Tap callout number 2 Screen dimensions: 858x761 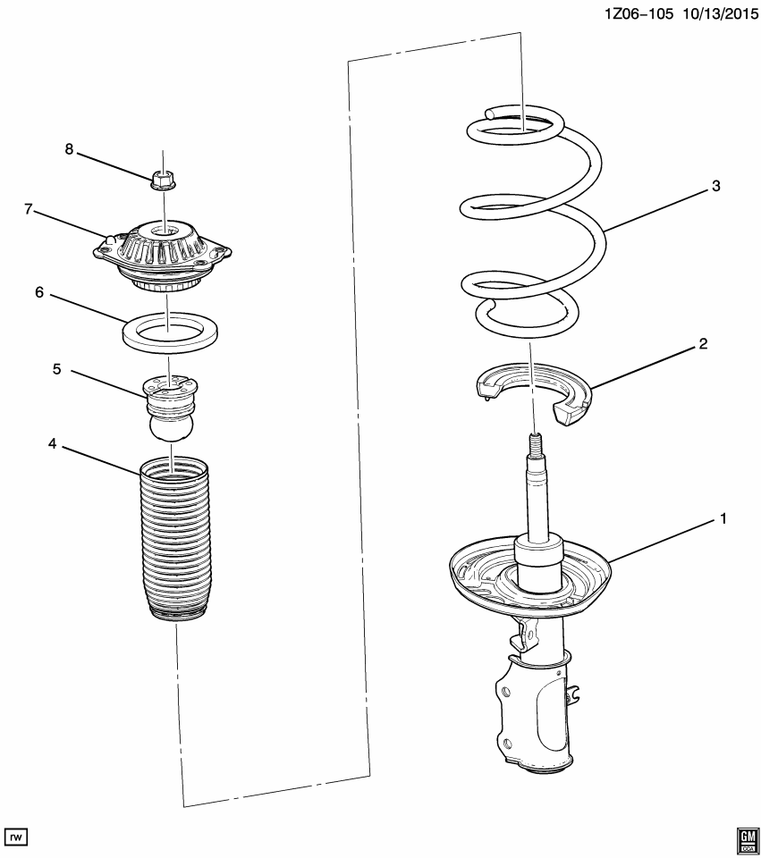pos(703,343)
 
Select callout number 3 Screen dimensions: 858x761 pos(715,186)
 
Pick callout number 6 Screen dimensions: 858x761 pos(39,292)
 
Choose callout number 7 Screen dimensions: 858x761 pos(29,209)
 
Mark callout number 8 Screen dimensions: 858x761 pos(68,149)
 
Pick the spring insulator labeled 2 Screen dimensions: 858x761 pos(528,389)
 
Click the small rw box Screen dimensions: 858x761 pos(16,836)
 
